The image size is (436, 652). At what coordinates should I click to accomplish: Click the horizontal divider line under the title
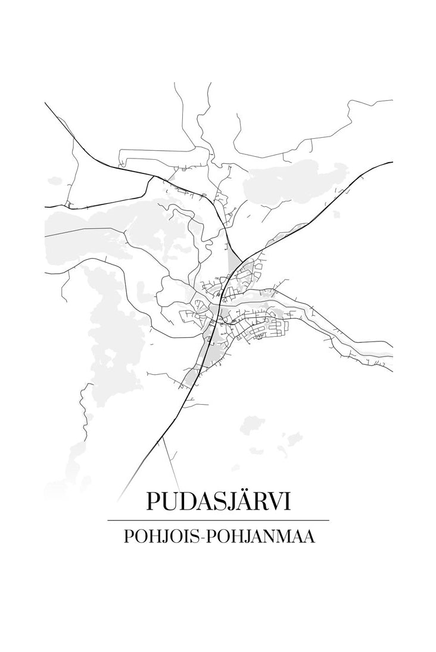pyautogui.click(x=218, y=520)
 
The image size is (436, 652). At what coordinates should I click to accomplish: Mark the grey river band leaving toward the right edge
pyautogui.click(x=357, y=349)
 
